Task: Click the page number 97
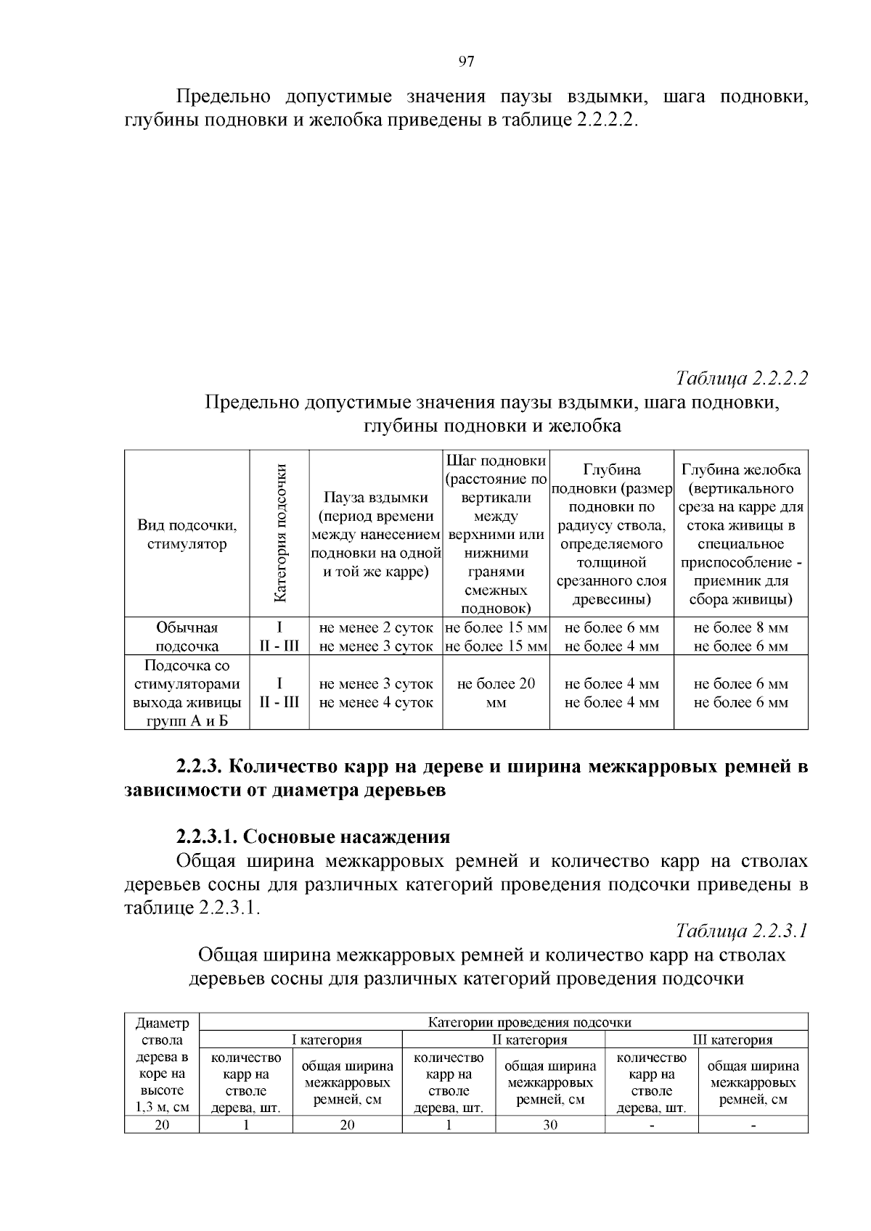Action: point(467,62)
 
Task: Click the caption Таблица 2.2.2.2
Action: point(742,379)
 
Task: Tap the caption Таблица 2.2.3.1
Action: point(742,931)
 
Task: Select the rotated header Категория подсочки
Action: point(280,533)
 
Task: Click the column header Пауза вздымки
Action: point(376,498)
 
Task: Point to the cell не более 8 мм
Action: point(740,627)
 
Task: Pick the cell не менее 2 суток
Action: point(376,627)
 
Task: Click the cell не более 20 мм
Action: point(496,693)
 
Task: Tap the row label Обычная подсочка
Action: point(187,637)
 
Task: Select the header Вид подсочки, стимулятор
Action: point(187,535)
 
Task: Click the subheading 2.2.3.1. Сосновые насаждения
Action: point(313,836)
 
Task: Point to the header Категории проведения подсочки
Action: point(529,1022)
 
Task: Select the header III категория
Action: point(732,1039)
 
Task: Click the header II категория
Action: point(530,1039)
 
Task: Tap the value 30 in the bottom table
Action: point(550,1124)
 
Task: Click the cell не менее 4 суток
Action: point(376,702)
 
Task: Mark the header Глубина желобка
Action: point(740,469)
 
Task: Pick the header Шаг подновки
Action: point(496,461)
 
